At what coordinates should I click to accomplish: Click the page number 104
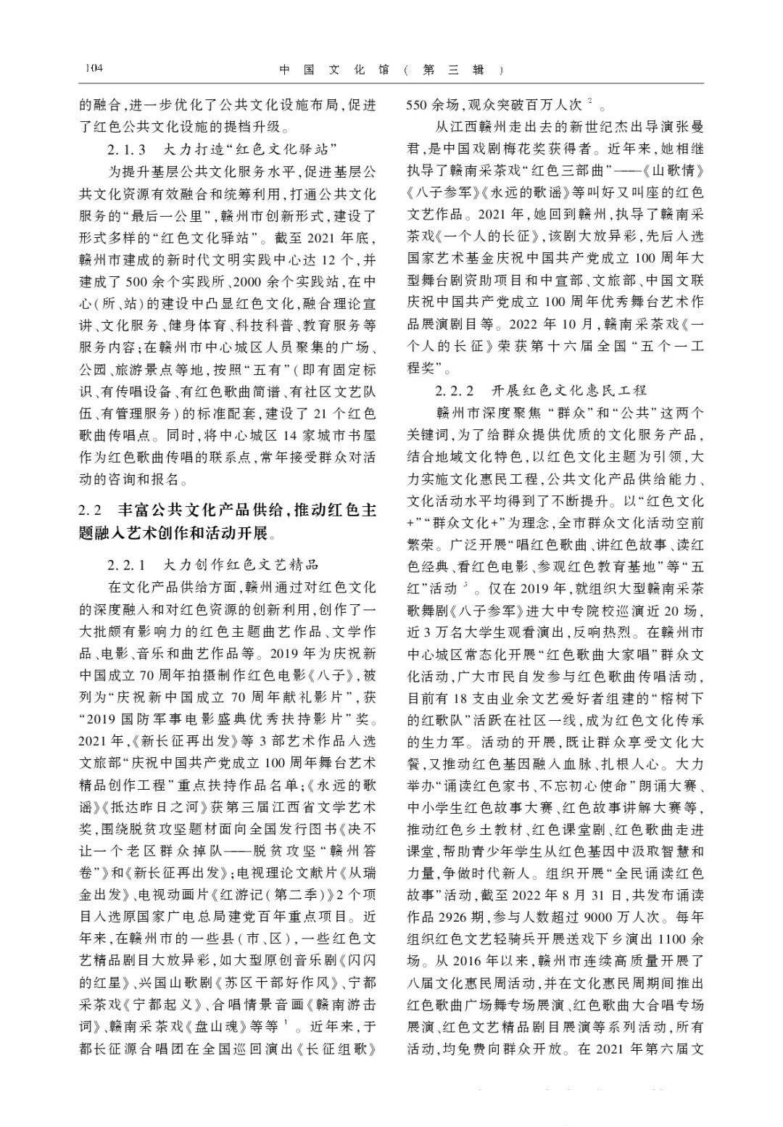94,69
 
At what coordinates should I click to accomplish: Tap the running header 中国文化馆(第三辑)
391,70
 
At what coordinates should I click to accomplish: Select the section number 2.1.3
128,150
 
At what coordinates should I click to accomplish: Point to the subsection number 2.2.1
128,564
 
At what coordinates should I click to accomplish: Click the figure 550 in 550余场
417,105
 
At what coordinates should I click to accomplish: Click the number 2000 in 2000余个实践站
225,281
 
